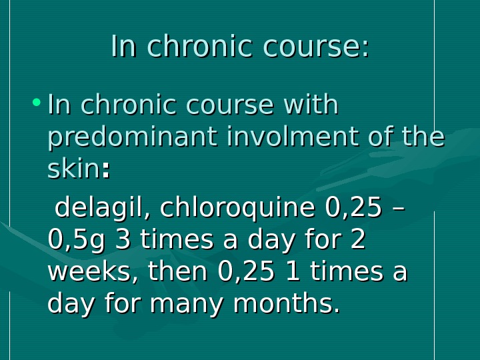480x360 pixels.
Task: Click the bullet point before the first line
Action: point(36,103)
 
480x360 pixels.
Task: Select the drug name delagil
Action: point(98,208)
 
